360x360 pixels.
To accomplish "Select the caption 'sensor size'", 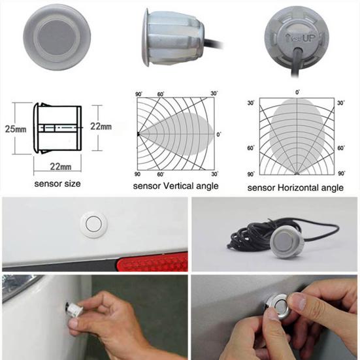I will tap(57, 184).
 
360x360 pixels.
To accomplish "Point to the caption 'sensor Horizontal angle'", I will tap(295, 188).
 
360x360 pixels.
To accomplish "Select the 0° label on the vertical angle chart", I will tap(220, 135).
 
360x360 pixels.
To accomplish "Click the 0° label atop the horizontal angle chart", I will tap(298, 93).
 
